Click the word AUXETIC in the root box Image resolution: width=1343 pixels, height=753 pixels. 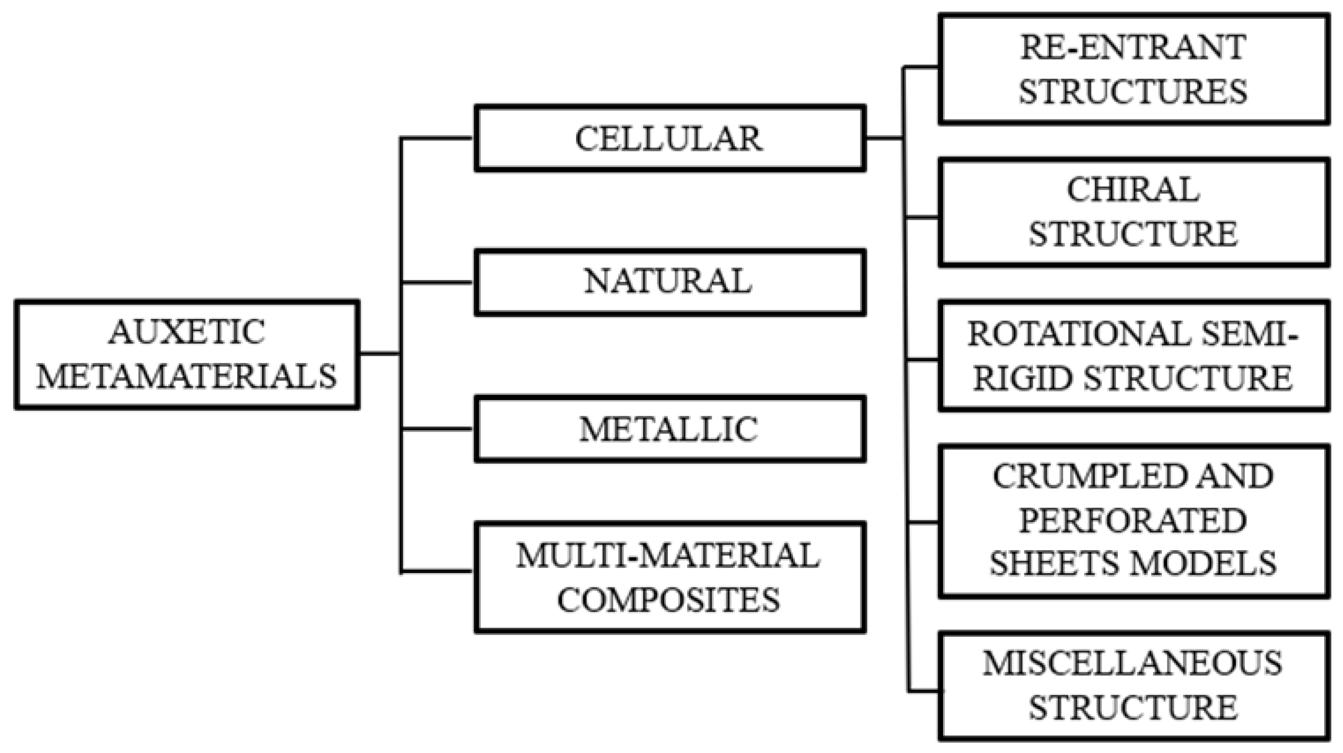click(x=186, y=332)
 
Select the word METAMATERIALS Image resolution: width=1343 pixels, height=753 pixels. click(x=186, y=376)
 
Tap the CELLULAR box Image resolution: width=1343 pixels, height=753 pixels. click(x=669, y=139)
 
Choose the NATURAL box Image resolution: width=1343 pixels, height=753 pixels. click(x=669, y=282)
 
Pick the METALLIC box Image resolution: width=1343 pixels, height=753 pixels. click(x=669, y=429)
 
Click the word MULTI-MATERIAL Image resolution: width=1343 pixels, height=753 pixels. click(x=668, y=556)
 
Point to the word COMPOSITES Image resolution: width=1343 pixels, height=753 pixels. click(x=668, y=600)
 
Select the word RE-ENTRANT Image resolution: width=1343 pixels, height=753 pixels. click(x=1132, y=48)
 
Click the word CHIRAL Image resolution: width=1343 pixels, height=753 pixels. click(x=1132, y=190)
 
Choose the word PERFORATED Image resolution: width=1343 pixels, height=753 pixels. click(x=1132, y=520)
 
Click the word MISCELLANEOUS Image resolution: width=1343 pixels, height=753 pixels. click(x=1132, y=664)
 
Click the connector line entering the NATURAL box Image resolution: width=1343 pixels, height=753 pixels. click(x=437, y=282)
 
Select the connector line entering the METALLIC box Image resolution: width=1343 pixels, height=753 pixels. click(x=437, y=429)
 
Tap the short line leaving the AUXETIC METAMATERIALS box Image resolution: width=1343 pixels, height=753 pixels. click(x=379, y=354)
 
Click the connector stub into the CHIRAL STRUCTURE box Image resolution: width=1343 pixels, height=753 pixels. click(x=922, y=217)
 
